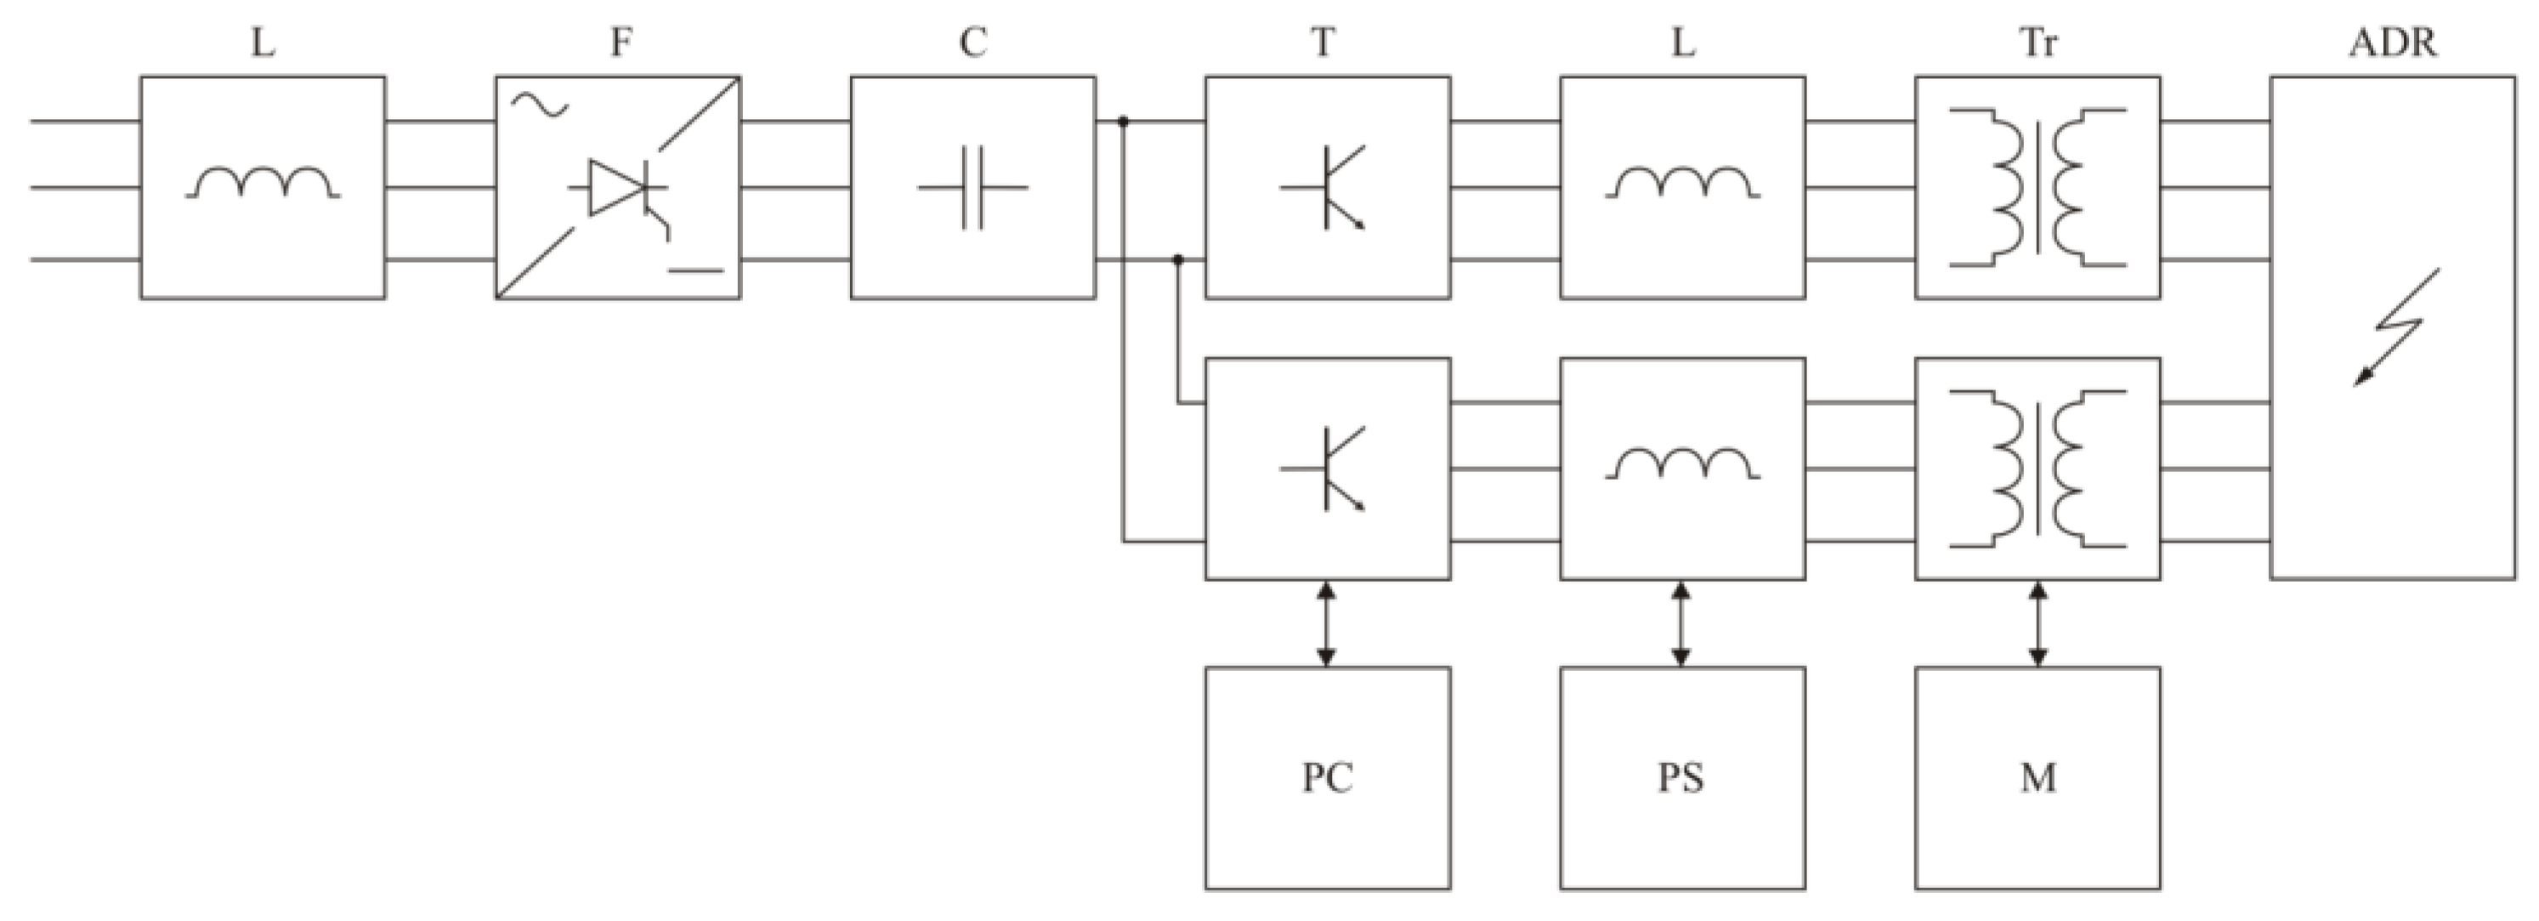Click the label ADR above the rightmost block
click(2393, 44)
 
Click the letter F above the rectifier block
click(619, 44)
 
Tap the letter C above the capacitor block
click(972, 44)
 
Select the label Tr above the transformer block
click(2038, 44)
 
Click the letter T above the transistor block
click(1323, 44)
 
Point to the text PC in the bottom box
click(1328, 778)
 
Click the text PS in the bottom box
click(1681, 778)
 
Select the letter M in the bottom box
click(2038, 778)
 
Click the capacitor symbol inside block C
click(972, 187)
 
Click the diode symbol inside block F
click(616, 187)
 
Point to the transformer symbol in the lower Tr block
click(2038, 469)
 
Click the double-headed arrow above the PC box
click(1327, 623)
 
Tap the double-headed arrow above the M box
click(2038, 623)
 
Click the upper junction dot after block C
click(1123, 122)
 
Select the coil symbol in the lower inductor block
click(1682, 464)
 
